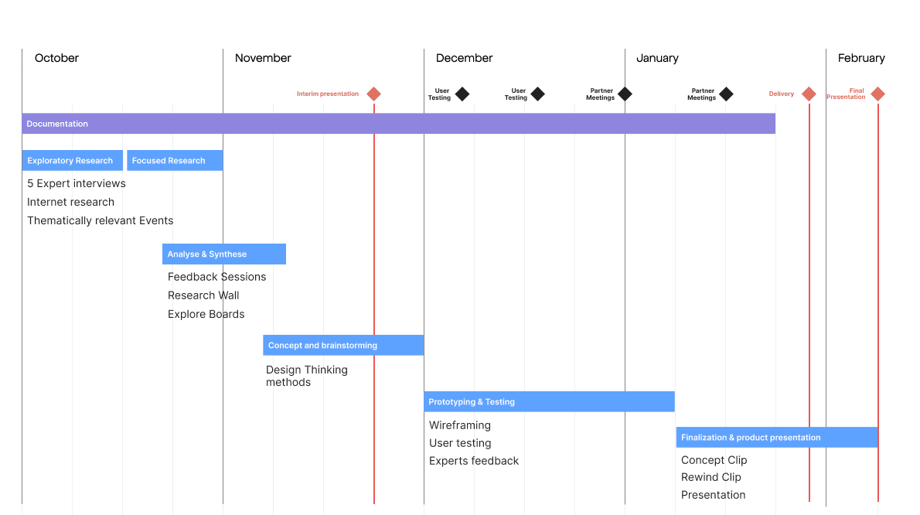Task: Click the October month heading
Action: [56, 58]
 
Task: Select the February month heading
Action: [861, 58]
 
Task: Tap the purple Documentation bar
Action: [398, 124]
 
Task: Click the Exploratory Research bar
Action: [72, 161]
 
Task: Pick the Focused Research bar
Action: [175, 161]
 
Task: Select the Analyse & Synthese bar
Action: [223, 254]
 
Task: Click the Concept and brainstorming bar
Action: [342, 346]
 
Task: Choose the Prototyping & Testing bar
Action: [549, 402]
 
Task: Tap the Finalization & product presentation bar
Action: [776, 438]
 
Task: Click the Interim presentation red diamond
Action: [373, 94]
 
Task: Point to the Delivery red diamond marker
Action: [809, 94]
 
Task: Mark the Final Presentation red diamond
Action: [877, 94]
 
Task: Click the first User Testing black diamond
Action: [462, 94]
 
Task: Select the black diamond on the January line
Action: [625, 94]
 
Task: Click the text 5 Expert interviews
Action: [77, 184]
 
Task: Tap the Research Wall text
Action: [203, 295]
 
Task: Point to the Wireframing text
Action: [460, 425]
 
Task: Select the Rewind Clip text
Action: [710, 477]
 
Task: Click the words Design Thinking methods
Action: [306, 376]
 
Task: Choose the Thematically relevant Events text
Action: [100, 221]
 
